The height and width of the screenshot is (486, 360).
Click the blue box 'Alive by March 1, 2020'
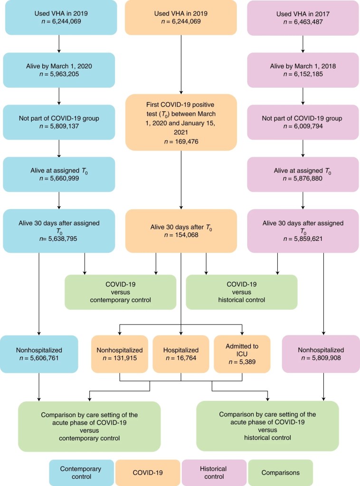pos(58,69)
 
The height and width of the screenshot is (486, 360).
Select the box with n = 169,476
pos(181,122)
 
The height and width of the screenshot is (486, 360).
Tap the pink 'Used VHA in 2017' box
pos(303,17)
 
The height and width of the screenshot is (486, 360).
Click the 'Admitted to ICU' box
pos(242,353)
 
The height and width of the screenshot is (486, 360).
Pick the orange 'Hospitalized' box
pos(181,353)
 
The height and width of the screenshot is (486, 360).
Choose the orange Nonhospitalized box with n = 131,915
pos(120,353)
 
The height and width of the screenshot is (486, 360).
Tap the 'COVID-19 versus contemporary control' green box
pos(120,292)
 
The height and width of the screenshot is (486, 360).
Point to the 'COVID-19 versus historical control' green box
pos(242,292)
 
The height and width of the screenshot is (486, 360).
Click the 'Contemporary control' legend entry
pos(81,473)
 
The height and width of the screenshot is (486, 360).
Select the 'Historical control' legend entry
pos(214,473)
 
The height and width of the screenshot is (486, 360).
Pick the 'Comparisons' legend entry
pos(280,473)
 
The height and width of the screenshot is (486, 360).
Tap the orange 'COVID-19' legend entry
pos(148,473)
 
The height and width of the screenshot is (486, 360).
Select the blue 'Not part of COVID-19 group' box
pos(58,122)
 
